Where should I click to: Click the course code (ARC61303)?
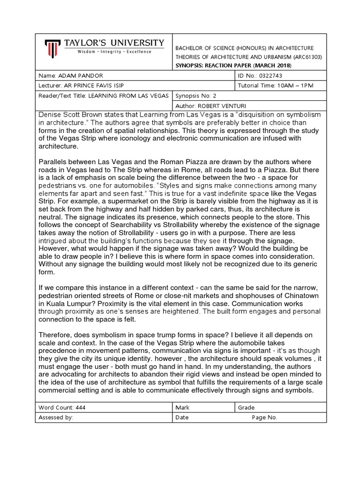coord(297,57)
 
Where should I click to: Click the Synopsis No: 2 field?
coord(194,96)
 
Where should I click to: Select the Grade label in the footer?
coord(246,407)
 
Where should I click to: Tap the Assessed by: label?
coord(56,417)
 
